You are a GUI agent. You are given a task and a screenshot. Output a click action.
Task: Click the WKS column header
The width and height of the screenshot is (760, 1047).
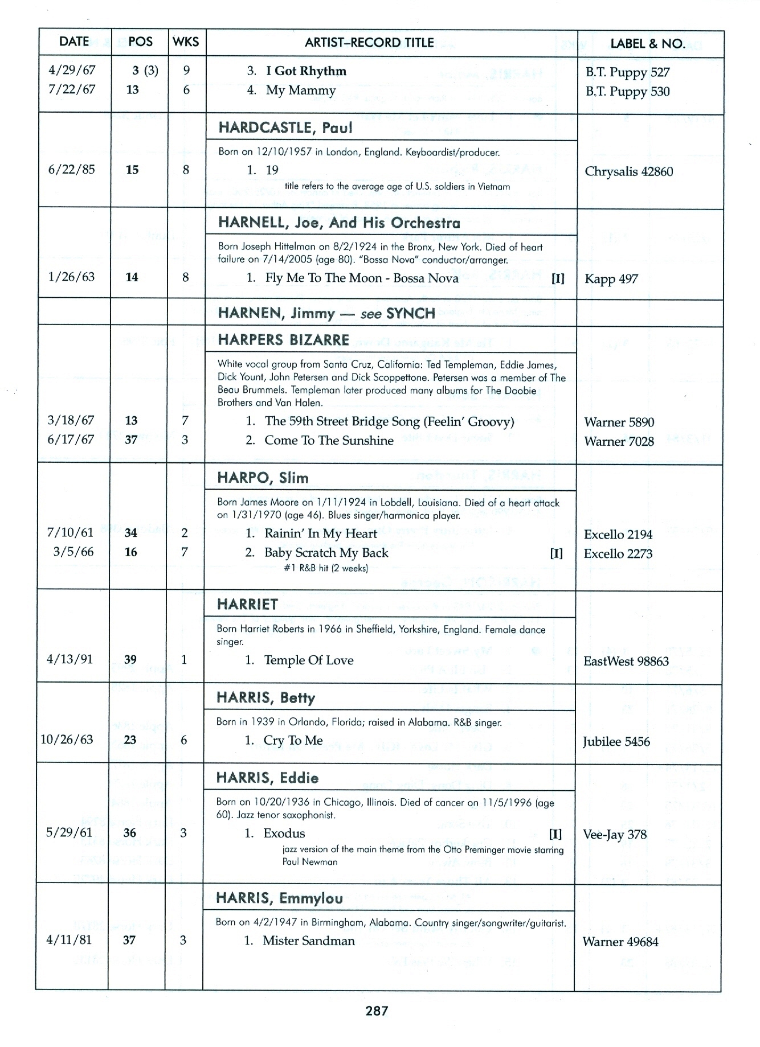(x=186, y=42)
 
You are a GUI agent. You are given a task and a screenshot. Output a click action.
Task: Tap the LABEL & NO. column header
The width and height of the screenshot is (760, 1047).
(x=648, y=43)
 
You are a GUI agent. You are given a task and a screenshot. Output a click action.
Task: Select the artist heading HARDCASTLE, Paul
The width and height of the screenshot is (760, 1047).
(x=285, y=128)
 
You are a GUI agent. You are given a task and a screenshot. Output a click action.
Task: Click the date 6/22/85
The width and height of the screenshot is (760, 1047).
(x=72, y=170)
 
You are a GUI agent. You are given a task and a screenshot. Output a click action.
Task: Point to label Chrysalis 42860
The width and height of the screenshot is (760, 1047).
(x=629, y=171)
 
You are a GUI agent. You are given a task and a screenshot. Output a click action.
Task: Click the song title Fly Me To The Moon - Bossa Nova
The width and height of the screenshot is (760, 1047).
(x=362, y=278)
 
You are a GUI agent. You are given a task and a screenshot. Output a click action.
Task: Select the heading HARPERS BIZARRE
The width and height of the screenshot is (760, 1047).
(x=283, y=340)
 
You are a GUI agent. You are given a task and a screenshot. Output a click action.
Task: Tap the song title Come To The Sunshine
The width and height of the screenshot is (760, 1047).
(x=329, y=440)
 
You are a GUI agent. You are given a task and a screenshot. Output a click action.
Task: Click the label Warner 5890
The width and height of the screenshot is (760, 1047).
(x=619, y=422)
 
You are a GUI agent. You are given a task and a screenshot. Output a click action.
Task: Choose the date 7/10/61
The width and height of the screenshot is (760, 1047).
(x=71, y=533)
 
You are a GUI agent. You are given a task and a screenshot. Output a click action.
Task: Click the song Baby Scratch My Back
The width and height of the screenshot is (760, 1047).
(x=326, y=553)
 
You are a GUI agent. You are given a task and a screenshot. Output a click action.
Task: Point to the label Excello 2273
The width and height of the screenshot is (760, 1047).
(x=618, y=553)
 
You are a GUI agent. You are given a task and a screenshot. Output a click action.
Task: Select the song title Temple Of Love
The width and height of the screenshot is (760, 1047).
(x=308, y=660)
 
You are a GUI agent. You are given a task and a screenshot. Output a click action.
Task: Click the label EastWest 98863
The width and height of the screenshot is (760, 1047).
(x=626, y=661)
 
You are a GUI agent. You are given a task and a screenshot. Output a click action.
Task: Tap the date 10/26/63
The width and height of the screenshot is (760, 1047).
(x=67, y=740)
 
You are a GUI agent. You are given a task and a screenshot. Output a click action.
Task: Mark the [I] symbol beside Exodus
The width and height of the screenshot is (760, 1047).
(x=555, y=834)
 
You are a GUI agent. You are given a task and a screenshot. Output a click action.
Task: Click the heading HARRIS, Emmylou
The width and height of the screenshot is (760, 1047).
(x=279, y=898)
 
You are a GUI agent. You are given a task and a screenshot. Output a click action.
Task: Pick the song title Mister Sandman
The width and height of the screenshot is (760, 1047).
(x=308, y=941)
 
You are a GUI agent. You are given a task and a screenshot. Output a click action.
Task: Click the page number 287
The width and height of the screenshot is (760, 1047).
(x=377, y=1011)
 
